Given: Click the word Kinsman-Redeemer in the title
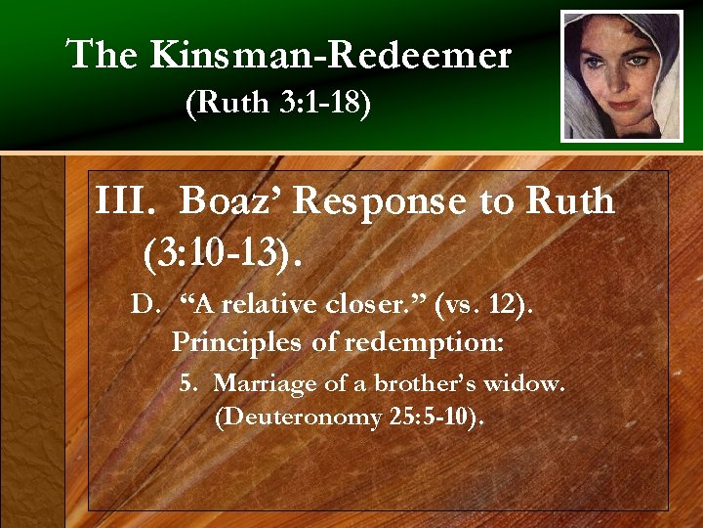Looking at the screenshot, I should tap(331, 56).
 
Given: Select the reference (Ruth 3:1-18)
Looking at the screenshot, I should tap(277, 105).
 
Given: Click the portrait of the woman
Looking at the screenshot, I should tap(622, 75).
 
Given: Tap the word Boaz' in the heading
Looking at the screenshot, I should tap(230, 201).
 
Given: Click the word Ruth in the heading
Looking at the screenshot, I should tap(570, 201).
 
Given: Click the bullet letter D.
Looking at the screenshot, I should tap(144, 304).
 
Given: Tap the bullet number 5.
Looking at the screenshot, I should tap(187, 383).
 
